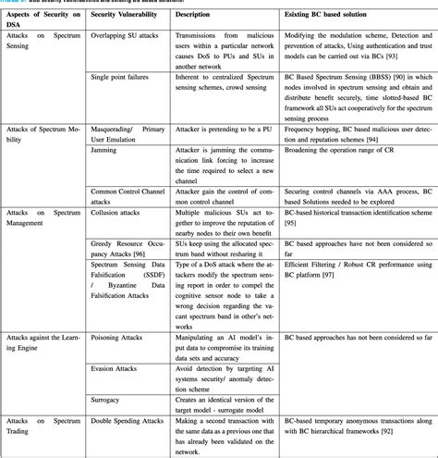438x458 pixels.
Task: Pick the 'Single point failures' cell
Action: pyautogui.click(x=123, y=80)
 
